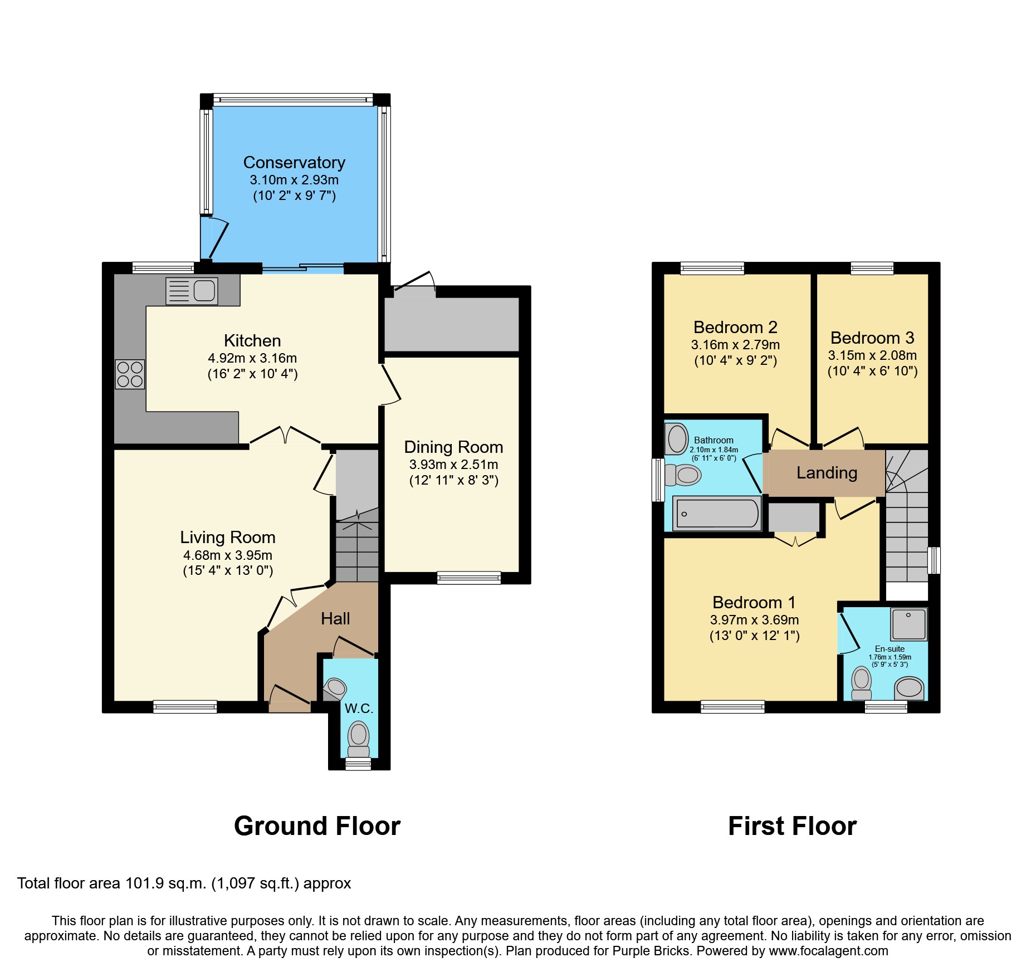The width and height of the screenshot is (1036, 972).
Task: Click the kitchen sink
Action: (x=192, y=291)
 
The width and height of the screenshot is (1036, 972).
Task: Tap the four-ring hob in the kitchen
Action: (x=130, y=374)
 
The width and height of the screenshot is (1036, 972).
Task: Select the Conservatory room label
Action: (x=294, y=163)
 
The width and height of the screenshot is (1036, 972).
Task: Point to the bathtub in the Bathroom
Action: (x=717, y=513)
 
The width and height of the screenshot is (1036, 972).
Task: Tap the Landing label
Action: (x=827, y=473)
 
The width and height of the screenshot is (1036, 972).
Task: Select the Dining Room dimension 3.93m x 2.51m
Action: (x=453, y=465)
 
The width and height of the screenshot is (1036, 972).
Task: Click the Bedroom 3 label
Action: (x=872, y=338)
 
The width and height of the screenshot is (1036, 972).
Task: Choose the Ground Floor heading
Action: (x=317, y=826)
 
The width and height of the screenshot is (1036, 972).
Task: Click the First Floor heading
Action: (x=792, y=826)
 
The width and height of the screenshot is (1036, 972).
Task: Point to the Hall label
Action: (x=335, y=619)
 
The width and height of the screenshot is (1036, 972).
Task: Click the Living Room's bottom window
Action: (x=185, y=707)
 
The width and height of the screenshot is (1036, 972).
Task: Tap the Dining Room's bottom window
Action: (x=469, y=578)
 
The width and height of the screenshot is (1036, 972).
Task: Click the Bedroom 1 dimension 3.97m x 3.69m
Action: (x=754, y=620)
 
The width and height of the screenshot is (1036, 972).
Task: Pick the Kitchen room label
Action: (x=252, y=341)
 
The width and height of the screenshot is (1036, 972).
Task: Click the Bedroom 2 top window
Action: (x=712, y=268)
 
